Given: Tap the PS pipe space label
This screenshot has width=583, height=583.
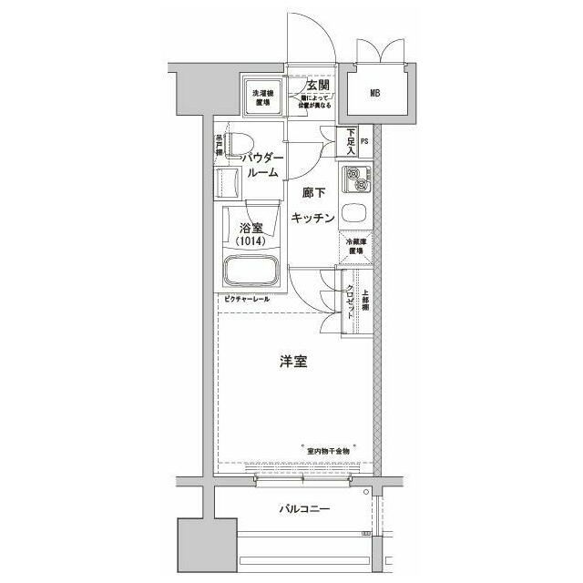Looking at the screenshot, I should pyautogui.click(x=364, y=141).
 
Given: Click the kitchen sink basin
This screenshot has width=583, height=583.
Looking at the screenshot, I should pyautogui.click(x=353, y=215).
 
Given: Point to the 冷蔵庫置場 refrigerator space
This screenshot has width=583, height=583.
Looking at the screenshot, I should pyautogui.click(x=355, y=247).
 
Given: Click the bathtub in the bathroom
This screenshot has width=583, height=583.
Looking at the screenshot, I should pyautogui.click(x=251, y=271).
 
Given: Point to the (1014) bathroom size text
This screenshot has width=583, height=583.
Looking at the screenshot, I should pyautogui.click(x=251, y=242).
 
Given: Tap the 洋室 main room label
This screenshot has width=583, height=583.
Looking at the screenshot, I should pyautogui.click(x=292, y=362).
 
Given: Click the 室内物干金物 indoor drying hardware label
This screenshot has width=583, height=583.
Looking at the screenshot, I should pyautogui.click(x=328, y=452).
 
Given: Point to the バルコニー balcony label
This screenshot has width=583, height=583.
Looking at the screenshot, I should pyautogui.click(x=304, y=510).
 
